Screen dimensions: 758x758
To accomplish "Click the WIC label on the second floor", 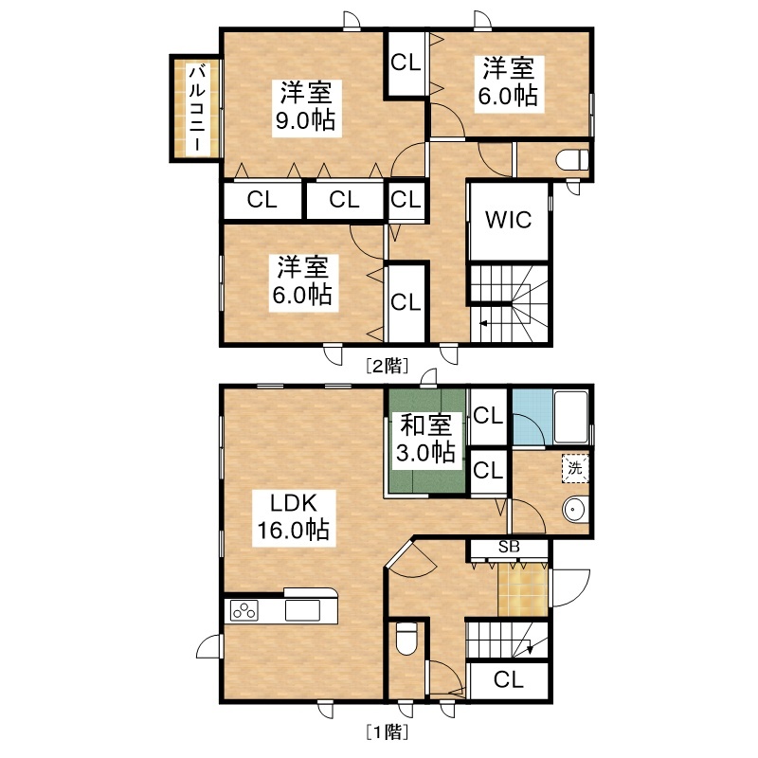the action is (x=508, y=220).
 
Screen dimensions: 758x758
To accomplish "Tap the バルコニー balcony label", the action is (x=197, y=108).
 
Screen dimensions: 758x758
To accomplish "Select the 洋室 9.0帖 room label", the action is (x=306, y=107).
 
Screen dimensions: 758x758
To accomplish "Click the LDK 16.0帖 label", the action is (x=294, y=516).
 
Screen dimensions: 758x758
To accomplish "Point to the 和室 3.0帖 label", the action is (x=425, y=439).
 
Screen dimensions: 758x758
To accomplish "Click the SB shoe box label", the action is (x=509, y=547).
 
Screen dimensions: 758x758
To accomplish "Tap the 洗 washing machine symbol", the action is (x=575, y=467).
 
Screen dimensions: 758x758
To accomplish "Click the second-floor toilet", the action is (x=572, y=160).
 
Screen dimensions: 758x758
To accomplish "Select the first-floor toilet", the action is (x=406, y=638).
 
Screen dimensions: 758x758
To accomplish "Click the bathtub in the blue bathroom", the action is (x=571, y=417).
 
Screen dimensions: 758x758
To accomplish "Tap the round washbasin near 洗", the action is (x=575, y=510).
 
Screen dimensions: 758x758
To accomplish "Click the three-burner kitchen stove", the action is (x=244, y=610).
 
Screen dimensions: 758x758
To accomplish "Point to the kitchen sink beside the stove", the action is (x=302, y=610).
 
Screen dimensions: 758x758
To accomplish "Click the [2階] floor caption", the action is (x=387, y=366).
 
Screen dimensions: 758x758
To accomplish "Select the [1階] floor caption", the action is (x=387, y=731).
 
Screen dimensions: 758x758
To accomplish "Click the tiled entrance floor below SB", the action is (x=523, y=589).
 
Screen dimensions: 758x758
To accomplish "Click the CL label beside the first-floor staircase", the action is (x=509, y=679).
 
